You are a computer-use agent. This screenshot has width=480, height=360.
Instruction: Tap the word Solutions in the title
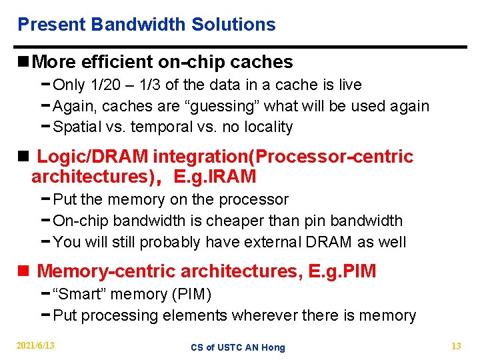[x=233, y=25]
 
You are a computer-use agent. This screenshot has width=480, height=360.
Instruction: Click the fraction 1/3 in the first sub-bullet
[x=158, y=85]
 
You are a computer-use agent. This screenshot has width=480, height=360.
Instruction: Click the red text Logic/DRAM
[x=93, y=157]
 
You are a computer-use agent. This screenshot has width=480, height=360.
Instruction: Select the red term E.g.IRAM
[x=215, y=177]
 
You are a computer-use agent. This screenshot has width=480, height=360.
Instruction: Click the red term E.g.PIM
[x=343, y=271]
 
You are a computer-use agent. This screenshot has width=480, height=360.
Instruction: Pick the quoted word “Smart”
[x=80, y=294]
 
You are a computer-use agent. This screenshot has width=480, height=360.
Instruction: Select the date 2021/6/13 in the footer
[x=36, y=345]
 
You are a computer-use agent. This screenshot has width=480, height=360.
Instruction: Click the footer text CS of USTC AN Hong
[x=237, y=347]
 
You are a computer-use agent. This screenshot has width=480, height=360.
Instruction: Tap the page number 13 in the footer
[x=456, y=345]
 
